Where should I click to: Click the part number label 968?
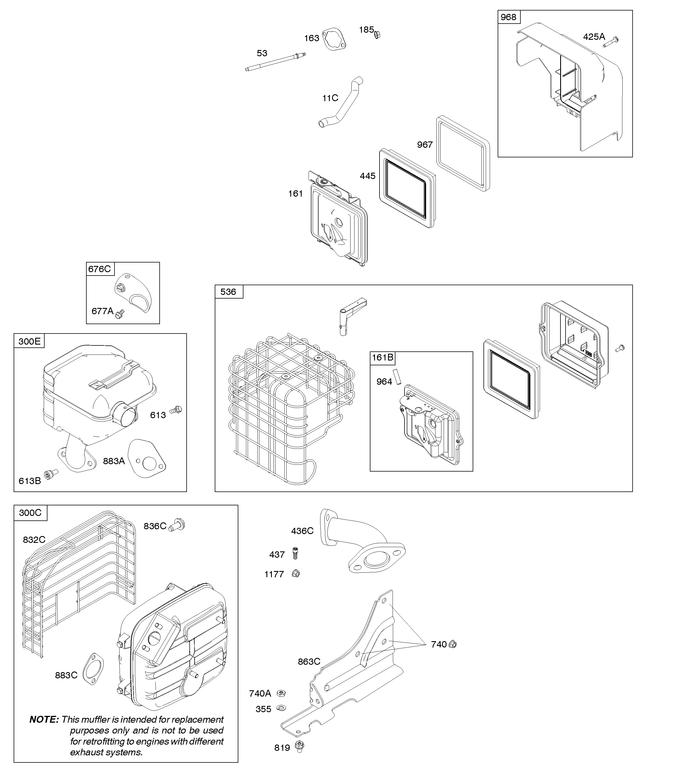(x=508, y=17)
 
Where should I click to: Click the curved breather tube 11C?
(x=341, y=102)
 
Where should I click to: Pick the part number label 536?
(x=228, y=292)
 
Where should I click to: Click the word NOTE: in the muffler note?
(x=44, y=720)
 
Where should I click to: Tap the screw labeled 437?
(x=295, y=554)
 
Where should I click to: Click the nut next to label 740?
(x=453, y=644)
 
